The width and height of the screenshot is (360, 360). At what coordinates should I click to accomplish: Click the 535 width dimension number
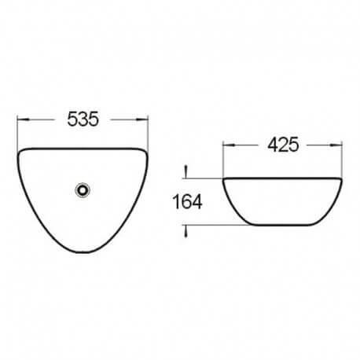[x=82, y=119]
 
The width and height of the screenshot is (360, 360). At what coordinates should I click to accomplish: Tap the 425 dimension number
[x=283, y=145]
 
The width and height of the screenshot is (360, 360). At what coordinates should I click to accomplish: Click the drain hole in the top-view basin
[x=82, y=189]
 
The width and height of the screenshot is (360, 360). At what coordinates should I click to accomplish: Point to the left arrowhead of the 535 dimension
[x=20, y=120]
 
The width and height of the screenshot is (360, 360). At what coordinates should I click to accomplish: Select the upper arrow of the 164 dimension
[x=186, y=170]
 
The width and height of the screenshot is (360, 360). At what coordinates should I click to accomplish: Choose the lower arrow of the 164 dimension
[x=186, y=231]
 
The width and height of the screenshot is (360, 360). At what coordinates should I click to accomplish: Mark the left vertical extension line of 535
[x=17, y=130]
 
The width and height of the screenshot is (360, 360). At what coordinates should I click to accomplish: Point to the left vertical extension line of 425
[x=224, y=157]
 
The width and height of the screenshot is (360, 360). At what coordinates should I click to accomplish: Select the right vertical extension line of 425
[x=343, y=157]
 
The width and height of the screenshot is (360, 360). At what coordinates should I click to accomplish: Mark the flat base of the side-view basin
[x=283, y=226]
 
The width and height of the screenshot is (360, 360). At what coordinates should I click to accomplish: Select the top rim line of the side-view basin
[x=283, y=178]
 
